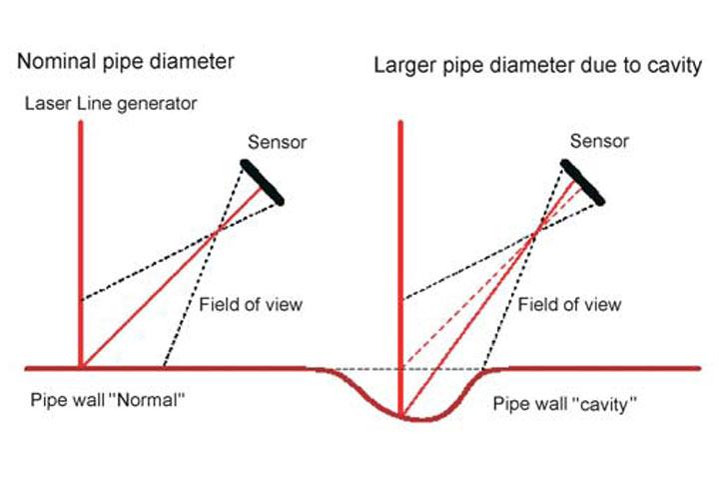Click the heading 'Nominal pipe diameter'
point(125,62)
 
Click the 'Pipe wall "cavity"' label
point(566,403)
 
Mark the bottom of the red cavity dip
point(401,417)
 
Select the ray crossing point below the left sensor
point(217,234)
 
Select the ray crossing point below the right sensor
point(538,233)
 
